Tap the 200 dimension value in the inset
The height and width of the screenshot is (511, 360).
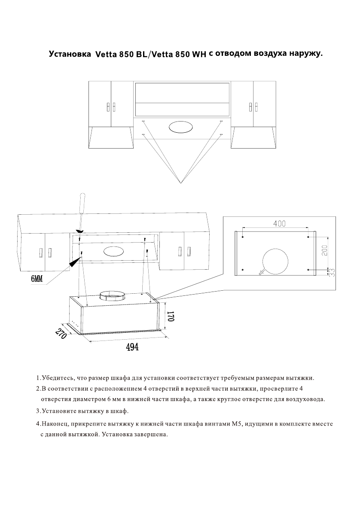pyautogui.click(x=324, y=249)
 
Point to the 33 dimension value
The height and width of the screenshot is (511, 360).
pyautogui.click(x=332, y=272)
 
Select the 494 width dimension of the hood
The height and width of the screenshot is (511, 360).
pyautogui.click(x=132, y=347)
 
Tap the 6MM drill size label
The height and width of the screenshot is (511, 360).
pyautogui.click(x=37, y=279)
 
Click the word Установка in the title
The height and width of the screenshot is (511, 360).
pyautogui.click(x=69, y=55)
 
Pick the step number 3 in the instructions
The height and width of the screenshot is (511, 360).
pyautogui.click(x=38, y=411)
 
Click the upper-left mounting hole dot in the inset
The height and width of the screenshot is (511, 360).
pyautogui.click(x=243, y=236)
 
